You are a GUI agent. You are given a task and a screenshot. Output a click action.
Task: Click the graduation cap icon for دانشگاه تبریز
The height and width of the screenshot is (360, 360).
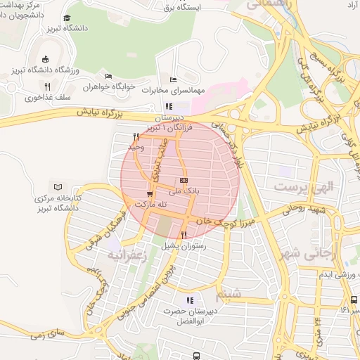coord(67,18)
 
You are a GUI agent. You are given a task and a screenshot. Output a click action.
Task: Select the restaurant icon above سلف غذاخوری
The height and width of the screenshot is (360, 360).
coord(47,86)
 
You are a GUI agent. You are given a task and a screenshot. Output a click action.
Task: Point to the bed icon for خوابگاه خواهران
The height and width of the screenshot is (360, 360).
coord(108,77)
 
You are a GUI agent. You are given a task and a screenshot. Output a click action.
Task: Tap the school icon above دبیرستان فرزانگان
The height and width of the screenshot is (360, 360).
coord(168,106)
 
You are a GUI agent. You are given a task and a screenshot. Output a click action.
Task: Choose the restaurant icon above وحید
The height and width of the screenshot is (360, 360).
coord(135,136)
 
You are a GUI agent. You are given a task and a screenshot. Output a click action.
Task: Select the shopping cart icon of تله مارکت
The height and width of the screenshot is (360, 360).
coord(149,193)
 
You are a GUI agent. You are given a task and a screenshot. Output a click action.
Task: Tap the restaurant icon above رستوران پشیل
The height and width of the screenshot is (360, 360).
coord(184,235)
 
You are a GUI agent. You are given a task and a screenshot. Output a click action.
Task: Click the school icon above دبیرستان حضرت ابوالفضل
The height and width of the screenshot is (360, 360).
coord(188,300)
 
